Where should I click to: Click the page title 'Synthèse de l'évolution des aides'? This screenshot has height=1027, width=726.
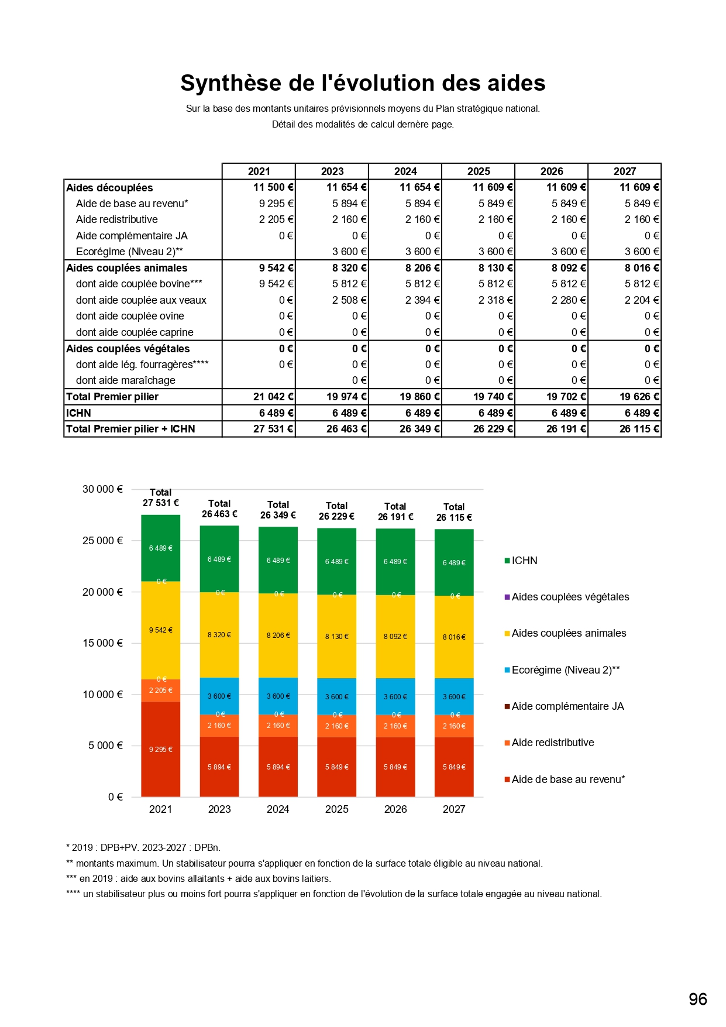(x=363, y=83)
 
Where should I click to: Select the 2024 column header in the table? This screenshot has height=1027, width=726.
(x=405, y=171)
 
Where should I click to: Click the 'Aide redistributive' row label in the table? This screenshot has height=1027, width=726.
(x=117, y=219)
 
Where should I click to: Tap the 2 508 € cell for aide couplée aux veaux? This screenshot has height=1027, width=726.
(x=349, y=300)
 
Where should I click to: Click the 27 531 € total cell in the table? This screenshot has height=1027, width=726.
(x=273, y=429)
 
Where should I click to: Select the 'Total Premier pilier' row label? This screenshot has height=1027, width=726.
(x=112, y=397)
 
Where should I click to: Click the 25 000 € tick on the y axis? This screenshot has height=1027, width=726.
(x=102, y=541)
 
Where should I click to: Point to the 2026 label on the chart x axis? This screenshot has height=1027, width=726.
(x=395, y=809)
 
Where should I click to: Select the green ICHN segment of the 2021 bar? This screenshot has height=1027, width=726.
(x=161, y=548)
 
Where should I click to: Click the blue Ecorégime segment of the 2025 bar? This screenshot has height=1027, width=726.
(x=336, y=696)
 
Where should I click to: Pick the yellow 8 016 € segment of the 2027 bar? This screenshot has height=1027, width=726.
(x=454, y=637)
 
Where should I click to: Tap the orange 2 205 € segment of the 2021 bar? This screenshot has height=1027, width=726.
(x=161, y=691)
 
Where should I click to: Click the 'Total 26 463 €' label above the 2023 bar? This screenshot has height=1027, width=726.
(x=219, y=509)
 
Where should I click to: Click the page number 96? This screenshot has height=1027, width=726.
(x=698, y=999)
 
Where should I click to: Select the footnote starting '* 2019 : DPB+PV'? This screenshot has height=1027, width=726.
(x=143, y=847)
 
